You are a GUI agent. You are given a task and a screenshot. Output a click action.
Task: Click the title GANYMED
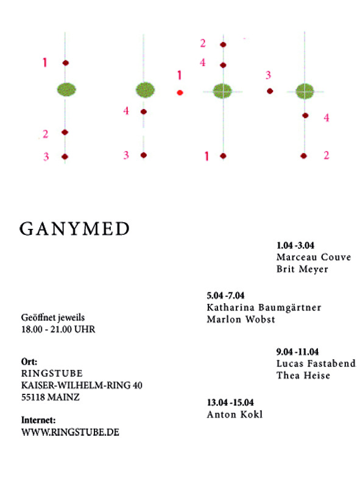[75, 228]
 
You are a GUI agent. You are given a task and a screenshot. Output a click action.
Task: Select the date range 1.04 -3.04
[295, 245]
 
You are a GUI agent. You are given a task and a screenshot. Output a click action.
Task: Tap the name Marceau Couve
[314, 257]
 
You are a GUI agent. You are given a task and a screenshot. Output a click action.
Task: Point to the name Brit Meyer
[302, 269]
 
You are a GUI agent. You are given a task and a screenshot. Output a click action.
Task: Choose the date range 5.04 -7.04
[225, 295]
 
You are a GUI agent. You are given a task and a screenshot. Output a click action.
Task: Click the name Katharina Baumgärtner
[264, 307]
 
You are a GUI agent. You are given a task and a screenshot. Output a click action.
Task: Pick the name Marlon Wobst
[241, 319]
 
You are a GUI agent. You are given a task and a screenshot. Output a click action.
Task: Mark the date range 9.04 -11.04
[297, 352]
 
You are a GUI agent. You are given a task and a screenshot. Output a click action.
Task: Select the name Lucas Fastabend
[316, 363]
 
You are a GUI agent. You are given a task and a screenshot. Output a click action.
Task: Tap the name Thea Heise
[303, 375]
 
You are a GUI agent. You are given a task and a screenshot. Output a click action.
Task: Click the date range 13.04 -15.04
[230, 402]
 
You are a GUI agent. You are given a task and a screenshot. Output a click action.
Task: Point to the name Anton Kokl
[235, 414]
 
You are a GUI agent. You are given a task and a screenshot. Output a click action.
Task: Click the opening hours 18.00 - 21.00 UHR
[58, 329]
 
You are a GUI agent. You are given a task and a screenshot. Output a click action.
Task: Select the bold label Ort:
[29, 362]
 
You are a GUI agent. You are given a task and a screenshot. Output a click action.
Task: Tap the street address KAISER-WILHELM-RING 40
[82, 385]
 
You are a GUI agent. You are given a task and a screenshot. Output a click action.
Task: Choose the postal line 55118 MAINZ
[51, 397]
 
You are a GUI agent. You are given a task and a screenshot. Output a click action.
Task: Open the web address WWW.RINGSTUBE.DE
[70, 432]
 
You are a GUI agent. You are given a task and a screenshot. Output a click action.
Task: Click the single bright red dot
[180, 93]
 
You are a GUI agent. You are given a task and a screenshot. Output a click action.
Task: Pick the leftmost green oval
[66, 89]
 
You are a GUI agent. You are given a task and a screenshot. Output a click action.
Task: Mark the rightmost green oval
[305, 91]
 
